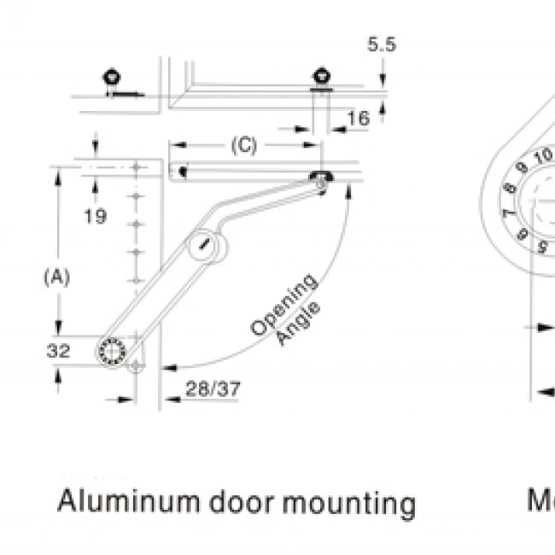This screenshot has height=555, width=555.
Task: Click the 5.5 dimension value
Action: click(382, 44)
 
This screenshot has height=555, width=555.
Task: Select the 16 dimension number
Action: click(359, 119)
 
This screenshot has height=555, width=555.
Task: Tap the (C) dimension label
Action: click(243, 146)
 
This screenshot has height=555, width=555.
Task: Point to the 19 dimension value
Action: click(96, 216)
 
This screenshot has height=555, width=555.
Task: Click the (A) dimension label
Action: click(55, 277)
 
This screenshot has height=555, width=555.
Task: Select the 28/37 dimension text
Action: click(213, 389)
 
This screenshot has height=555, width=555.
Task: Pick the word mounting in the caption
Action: click(349, 503)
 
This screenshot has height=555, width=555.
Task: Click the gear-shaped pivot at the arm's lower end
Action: click(111, 351)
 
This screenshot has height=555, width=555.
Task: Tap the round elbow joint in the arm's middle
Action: click(205, 246)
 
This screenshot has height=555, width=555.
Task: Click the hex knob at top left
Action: click(111, 78)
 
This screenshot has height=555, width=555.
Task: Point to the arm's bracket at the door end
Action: click(323, 178)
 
